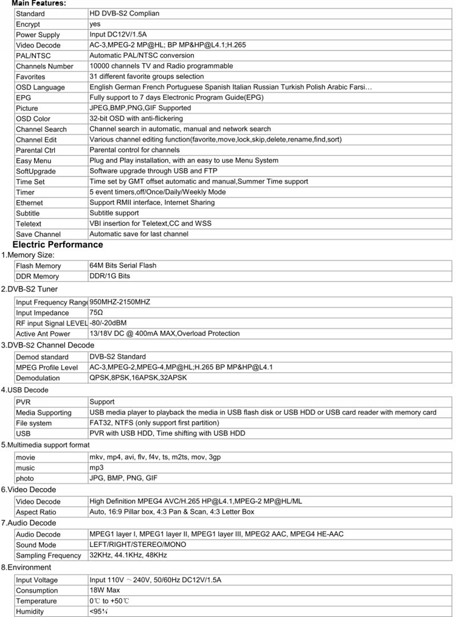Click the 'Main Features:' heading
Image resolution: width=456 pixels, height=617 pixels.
(39, 4)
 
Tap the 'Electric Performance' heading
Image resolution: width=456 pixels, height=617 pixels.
(58, 245)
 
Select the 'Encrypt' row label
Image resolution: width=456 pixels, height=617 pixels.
(28, 24)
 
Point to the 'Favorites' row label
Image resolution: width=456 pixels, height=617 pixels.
(30, 77)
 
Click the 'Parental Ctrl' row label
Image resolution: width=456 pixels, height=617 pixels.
(35, 150)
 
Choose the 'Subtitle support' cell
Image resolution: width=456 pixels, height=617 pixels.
(114, 213)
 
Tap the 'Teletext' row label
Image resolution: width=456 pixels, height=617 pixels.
(29, 224)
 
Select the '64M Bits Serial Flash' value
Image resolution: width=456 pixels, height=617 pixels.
(123, 265)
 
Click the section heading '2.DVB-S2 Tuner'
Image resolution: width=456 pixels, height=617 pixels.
(29, 289)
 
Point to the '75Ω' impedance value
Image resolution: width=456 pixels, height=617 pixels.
(96, 312)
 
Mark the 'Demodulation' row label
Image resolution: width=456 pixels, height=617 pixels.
(38, 378)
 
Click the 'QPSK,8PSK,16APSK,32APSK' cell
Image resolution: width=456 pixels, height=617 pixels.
(138, 378)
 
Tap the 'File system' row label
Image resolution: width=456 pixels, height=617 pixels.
(34, 423)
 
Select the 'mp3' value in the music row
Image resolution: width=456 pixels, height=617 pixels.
(96, 468)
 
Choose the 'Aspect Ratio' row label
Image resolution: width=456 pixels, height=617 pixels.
(36, 512)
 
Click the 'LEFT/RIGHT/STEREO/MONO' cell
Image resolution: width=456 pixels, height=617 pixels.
(137, 545)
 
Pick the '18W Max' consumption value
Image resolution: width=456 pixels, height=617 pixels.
(105, 590)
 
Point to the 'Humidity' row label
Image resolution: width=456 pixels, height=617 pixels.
(30, 612)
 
